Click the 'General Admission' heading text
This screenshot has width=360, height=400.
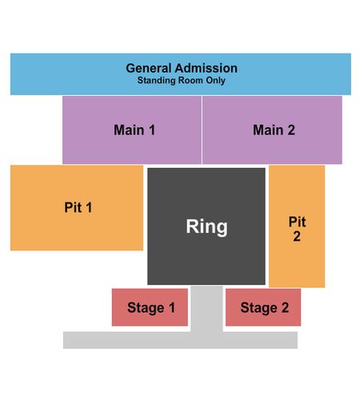coord(182,68)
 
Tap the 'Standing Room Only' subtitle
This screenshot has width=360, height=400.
coord(182,80)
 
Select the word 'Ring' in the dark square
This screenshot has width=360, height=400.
coord(206,226)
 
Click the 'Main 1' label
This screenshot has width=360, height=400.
coord(134,130)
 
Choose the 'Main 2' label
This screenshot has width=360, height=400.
coord(274,130)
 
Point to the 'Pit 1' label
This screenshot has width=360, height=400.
coord(78,207)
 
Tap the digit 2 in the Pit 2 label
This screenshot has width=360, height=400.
coord(297,236)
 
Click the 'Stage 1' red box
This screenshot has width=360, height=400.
coord(150,307)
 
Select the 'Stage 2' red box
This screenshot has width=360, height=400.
coord(263,307)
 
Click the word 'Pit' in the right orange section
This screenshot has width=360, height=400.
coord(297,222)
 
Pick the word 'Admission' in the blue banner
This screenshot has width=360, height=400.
coord(206,68)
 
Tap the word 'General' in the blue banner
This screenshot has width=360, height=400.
coord(149,68)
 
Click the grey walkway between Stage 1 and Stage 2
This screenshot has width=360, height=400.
coord(206,309)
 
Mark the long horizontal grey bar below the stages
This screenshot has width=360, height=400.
coord(180,340)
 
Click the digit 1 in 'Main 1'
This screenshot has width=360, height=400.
coord(152,130)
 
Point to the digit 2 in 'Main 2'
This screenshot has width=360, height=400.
coord(291,130)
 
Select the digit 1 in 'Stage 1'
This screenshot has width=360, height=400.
coord(172,307)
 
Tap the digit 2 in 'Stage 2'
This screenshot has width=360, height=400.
coord(285,307)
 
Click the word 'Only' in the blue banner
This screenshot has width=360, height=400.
coord(215,80)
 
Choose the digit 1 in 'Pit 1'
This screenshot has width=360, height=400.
coord(89,207)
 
